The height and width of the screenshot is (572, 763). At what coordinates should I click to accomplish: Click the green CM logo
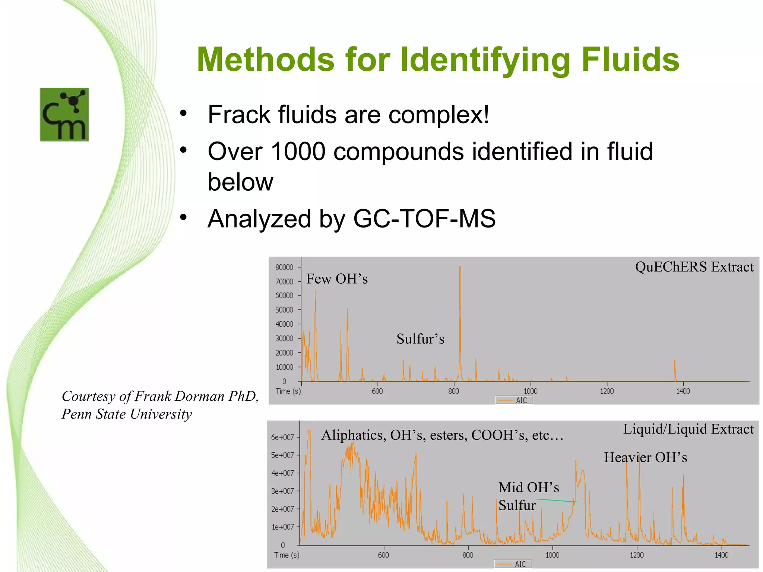click(x=64, y=114)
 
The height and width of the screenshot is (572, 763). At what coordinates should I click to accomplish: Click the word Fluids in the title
click(x=630, y=60)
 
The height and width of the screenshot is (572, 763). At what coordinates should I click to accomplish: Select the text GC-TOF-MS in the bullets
click(x=424, y=219)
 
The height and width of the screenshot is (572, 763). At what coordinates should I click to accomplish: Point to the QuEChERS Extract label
click(x=694, y=267)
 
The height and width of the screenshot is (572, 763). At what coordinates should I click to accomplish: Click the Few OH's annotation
click(x=337, y=279)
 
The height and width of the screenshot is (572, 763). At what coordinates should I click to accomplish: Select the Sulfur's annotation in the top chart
click(x=420, y=339)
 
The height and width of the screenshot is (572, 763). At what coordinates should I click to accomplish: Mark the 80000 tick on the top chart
click(x=284, y=267)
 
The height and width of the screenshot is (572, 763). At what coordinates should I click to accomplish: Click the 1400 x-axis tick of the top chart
click(x=683, y=391)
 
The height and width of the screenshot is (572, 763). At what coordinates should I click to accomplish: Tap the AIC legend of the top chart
click(x=514, y=400)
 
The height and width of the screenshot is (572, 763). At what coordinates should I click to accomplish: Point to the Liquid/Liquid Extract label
click(x=688, y=429)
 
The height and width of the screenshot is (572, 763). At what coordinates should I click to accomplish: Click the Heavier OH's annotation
click(x=645, y=457)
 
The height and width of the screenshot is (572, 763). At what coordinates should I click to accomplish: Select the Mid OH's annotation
click(x=529, y=487)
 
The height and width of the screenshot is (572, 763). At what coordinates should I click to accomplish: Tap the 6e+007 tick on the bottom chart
click(x=282, y=437)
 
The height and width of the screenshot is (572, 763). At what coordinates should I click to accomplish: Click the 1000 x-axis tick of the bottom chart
click(x=552, y=555)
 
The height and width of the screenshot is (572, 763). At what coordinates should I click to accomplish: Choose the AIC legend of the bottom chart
click(x=513, y=564)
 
